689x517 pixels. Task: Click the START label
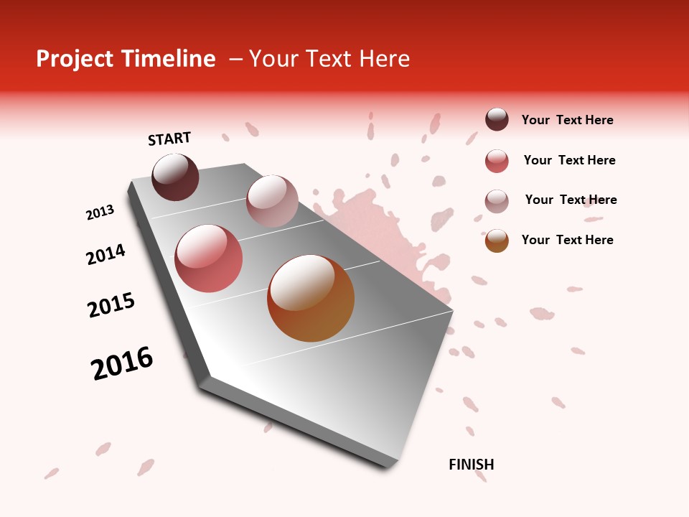point(169,139)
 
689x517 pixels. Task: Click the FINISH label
point(471,465)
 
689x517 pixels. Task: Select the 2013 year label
point(100,213)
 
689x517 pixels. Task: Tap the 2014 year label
point(106,254)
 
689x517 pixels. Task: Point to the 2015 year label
point(111,305)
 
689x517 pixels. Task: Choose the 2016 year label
point(122,363)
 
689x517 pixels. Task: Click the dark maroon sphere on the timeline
point(175,177)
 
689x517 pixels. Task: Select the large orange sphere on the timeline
point(311,298)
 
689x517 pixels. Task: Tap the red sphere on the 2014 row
point(208,258)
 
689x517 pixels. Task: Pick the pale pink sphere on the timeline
point(272,200)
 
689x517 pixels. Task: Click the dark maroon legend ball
point(497,120)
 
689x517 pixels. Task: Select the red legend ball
point(497,161)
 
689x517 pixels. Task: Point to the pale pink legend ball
point(497,201)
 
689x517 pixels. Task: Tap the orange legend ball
point(497,241)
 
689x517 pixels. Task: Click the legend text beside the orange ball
point(567,240)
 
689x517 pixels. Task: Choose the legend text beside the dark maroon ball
point(567,120)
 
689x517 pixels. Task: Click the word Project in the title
point(74,59)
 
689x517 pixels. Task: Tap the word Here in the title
point(384,59)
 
